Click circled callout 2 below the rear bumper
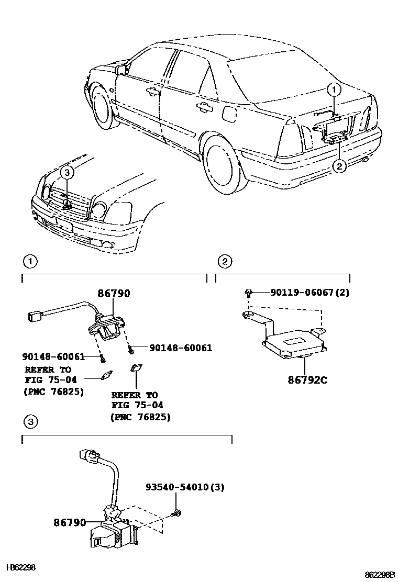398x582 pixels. click(x=339, y=166)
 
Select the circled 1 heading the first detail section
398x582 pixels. click(x=30, y=261)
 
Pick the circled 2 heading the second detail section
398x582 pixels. click(x=224, y=261)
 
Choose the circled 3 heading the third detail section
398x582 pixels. click(x=30, y=421)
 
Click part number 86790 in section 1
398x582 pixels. click(x=113, y=294)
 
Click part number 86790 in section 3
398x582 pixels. click(x=69, y=522)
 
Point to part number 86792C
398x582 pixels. click(x=307, y=380)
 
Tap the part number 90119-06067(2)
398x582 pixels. click(x=310, y=293)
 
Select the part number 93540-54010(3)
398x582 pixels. click(x=185, y=487)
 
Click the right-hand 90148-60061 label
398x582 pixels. click(x=181, y=348)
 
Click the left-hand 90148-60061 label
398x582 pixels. click(x=53, y=356)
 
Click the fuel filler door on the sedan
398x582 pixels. click(x=230, y=112)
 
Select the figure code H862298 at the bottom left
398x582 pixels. click(x=20, y=567)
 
